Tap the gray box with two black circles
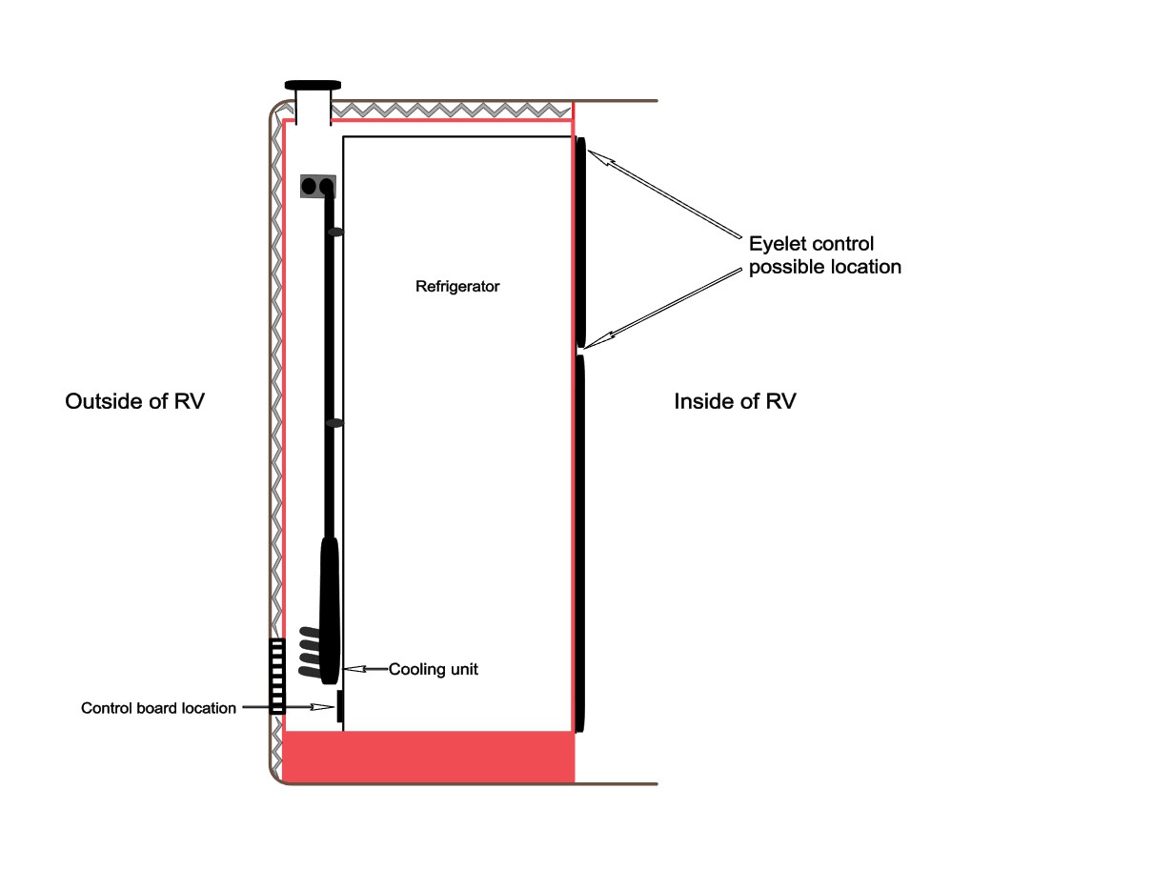[x=318, y=186]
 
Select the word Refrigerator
[x=457, y=286]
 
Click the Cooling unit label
[x=434, y=670]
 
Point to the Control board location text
[x=158, y=708]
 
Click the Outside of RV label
[x=134, y=401]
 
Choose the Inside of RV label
[x=735, y=401]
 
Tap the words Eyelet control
[x=811, y=244]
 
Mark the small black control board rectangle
[x=339, y=707]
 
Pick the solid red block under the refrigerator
[x=429, y=758]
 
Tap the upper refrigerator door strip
[x=580, y=243]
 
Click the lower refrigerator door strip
[x=579, y=543]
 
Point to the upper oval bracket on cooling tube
[x=334, y=232]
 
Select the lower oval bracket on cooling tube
[x=334, y=422]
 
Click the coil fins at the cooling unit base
[x=310, y=652]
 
